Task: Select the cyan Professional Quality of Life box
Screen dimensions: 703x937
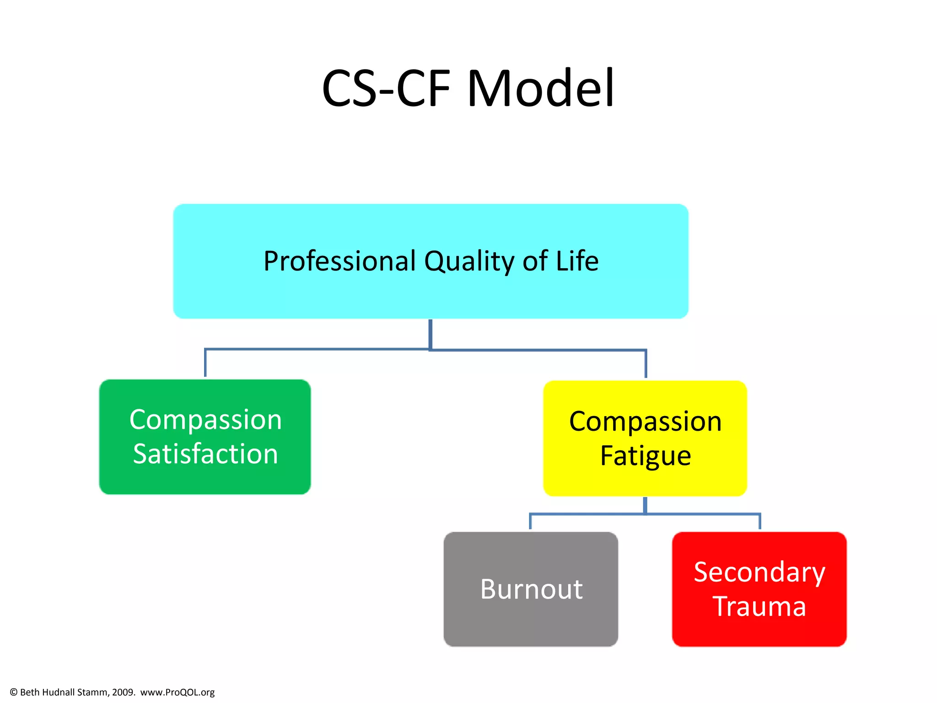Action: tap(431, 293)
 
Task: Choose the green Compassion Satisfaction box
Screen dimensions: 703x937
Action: tap(205, 481)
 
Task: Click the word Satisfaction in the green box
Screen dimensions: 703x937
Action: tap(205, 454)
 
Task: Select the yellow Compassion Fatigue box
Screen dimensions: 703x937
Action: tap(645, 483)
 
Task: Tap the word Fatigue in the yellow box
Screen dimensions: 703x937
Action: tap(645, 456)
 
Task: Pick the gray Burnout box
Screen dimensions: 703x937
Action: tap(531, 622)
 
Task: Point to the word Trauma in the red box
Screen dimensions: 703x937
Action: tap(759, 607)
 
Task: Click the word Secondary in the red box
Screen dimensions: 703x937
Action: tap(759, 572)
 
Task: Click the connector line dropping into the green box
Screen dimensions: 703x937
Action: tap(205, 364)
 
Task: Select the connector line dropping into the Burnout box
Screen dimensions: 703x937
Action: tap(530, 522)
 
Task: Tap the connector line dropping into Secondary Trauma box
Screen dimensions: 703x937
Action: tap(760, 522)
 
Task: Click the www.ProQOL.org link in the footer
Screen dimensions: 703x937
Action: tap(178, 692)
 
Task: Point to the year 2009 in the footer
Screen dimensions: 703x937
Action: tap(123, 692)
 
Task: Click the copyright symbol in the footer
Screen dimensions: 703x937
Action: tap(14, 692)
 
